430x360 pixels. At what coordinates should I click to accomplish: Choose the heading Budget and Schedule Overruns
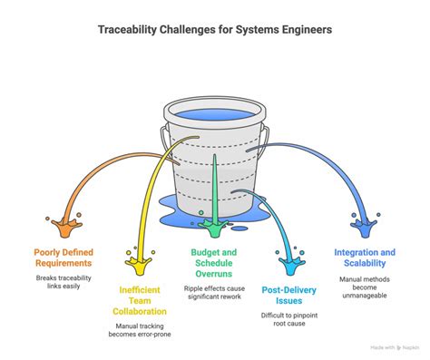coord(216,263)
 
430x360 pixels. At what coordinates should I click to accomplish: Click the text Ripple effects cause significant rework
coord(216,292)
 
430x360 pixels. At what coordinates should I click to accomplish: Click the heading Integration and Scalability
coord(364,258)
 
